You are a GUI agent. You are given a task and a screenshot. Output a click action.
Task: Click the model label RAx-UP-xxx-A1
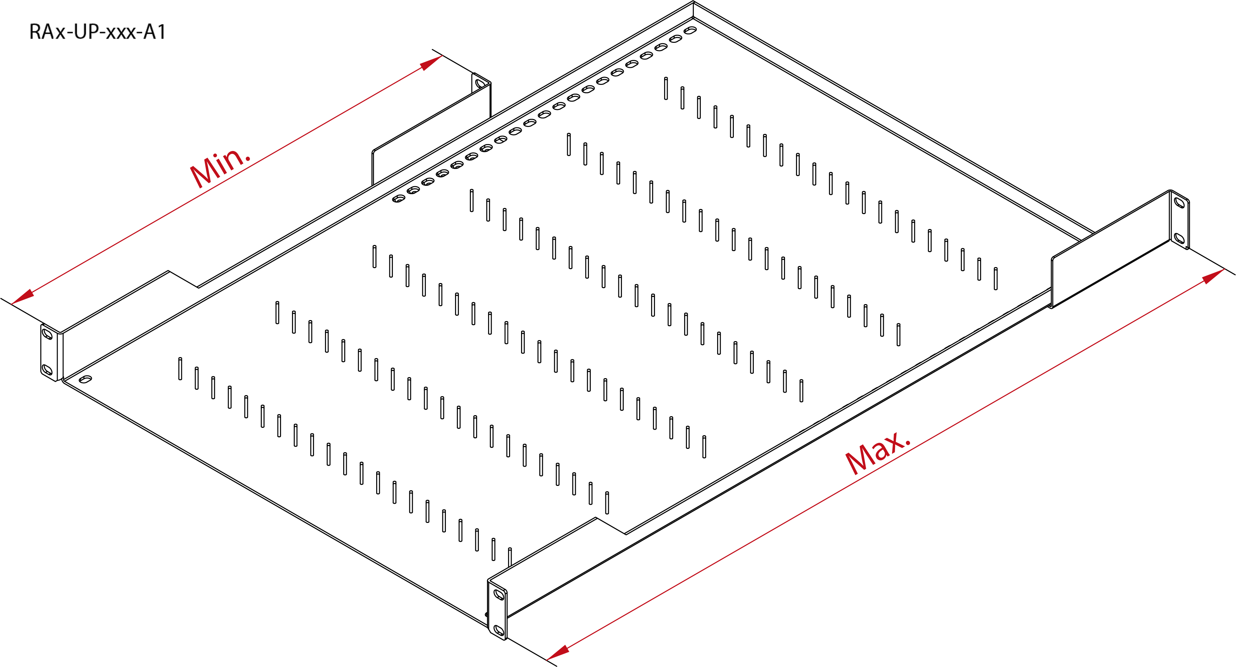coord(97,32)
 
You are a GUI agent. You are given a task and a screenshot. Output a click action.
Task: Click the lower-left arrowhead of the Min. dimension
coord(22,297)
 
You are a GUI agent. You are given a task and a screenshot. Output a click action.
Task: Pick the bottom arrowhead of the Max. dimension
coord(558,652)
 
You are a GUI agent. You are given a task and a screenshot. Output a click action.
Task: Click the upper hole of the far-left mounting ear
coord(47,333)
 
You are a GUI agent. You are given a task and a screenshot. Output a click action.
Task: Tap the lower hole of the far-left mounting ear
coord(47,370)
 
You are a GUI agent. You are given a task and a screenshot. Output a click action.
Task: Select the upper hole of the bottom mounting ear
coord(499,594)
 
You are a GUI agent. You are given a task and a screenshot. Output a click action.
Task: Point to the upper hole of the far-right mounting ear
coord(1179,202)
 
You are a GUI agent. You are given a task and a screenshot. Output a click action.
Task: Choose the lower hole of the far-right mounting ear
coord(1179,238)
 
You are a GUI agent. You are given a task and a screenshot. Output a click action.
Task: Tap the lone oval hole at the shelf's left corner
coord(85,379)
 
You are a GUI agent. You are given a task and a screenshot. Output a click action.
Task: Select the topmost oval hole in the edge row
coord(690,30)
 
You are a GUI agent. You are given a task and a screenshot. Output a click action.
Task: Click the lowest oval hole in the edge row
coord(399,199)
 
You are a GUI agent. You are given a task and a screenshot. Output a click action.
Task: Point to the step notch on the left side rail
coord(183,279)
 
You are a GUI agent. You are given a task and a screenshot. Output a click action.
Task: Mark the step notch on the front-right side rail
coord(611,525)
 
